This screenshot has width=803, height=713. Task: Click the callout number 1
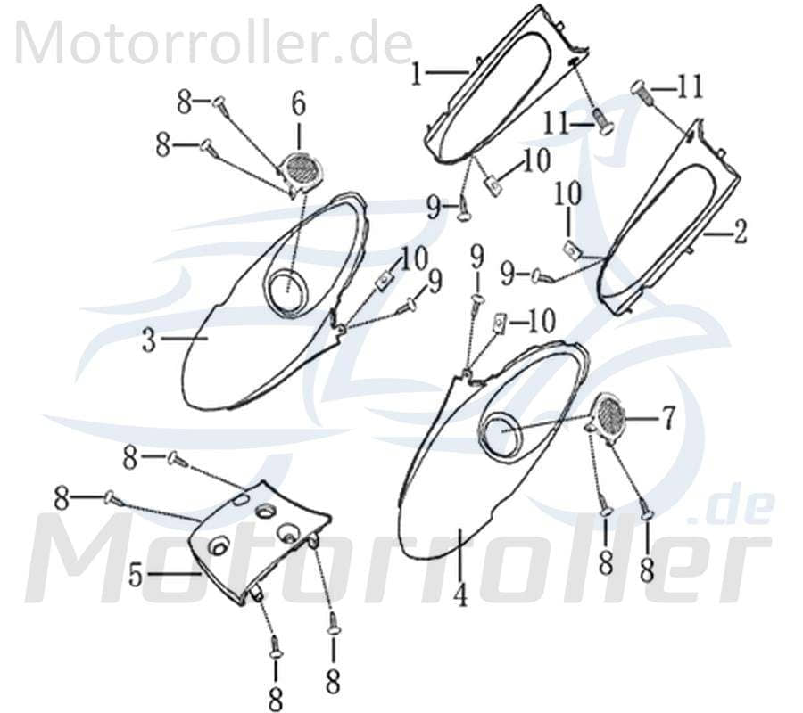coord(417,75)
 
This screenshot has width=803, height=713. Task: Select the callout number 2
coord(740,232)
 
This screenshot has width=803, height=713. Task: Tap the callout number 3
coord(148,340)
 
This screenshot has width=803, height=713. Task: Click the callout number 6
coord(299,103)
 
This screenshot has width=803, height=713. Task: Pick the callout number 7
coord(668,418)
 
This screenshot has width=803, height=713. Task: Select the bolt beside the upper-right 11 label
coord(642,93)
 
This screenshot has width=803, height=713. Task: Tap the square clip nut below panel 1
coord(493,184)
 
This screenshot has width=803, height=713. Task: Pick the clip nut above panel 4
coord(499,323)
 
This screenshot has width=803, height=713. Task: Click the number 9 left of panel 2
coord(508,275)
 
